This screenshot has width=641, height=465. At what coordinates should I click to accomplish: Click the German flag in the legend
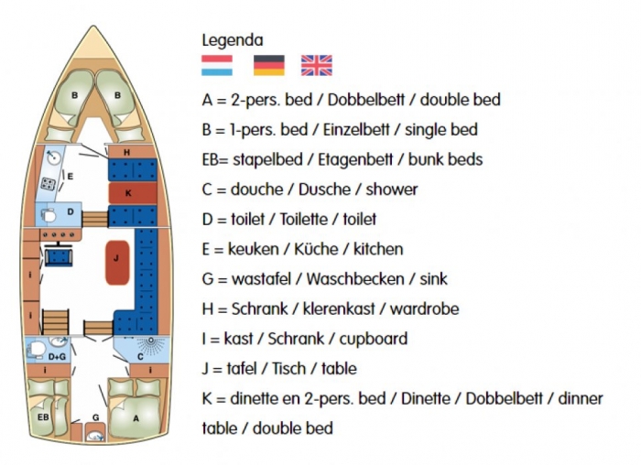tap(269, 65)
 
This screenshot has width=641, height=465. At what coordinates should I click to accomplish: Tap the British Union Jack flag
tap(317, 65)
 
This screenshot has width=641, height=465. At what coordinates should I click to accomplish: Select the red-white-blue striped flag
tap(217, 65)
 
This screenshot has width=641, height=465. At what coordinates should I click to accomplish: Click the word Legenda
tap(233, 40)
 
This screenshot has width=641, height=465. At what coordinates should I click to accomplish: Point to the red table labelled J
tap(117, 263)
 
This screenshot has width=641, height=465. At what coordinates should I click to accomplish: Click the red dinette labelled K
tap(133, 193)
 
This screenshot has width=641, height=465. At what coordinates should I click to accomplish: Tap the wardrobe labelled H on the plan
tap(132, 153)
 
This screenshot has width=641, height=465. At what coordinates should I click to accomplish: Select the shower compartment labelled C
tap(142, 350)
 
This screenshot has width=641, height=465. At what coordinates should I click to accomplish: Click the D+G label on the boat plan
tap(57, 357)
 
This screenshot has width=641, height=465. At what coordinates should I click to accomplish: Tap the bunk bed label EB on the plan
tap(43, 417)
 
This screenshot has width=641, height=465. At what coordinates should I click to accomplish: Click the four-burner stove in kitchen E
tap(49, 184)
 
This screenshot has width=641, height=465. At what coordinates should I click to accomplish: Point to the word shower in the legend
tap(392, 189)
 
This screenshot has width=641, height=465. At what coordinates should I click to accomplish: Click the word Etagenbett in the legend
tap(355, 160)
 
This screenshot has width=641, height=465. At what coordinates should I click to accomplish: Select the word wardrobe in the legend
tap(424, 308)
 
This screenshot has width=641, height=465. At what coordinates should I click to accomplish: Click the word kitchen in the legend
tap(378, 249)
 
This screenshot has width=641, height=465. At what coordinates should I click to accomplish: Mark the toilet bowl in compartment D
tap(49, 215)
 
